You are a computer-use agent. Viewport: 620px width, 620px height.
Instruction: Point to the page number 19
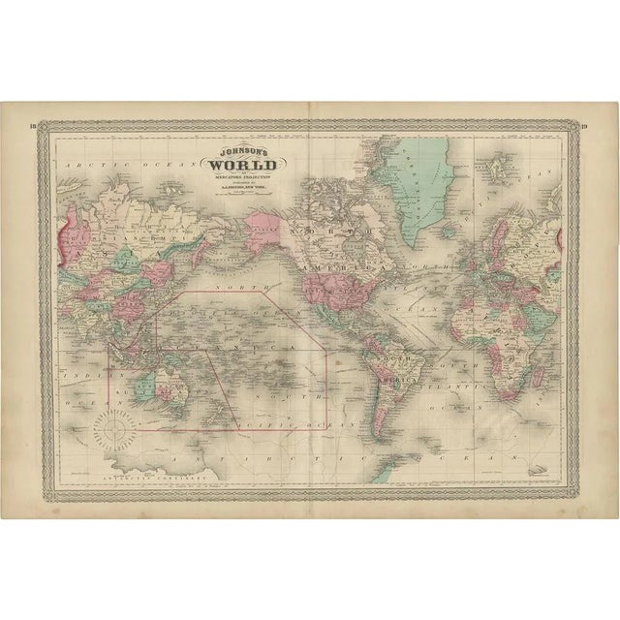coord(585,126)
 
